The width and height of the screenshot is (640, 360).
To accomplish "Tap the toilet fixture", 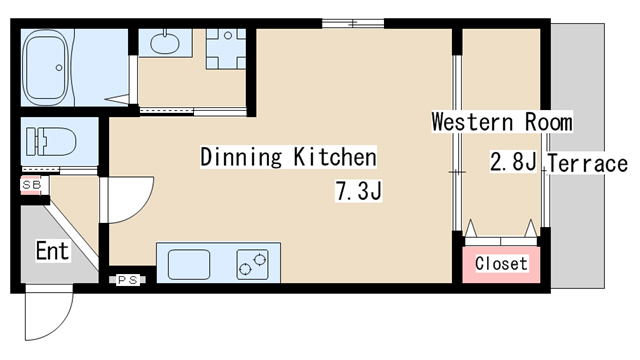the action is pos(51,141).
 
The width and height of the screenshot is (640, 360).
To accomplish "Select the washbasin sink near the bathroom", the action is pos(164,43).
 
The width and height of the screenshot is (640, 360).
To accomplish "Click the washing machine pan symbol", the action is pos(226,48).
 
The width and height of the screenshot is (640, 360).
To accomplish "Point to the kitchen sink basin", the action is pos(189,264).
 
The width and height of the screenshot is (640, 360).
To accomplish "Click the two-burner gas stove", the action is pos(253,265).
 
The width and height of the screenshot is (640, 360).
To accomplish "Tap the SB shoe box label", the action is pos(31,185).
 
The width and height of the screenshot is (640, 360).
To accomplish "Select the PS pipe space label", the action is pos(127,280).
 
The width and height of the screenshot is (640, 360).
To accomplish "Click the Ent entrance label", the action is pos(52,251).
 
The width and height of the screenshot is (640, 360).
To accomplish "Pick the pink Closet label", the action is pos(501,264).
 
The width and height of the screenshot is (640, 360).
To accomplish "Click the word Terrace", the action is pos(587,164).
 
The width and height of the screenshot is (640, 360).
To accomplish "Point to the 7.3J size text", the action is pos(359,191).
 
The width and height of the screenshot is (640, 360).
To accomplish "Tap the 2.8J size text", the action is pos(513,162).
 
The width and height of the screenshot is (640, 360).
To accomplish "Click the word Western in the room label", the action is pos(472,122).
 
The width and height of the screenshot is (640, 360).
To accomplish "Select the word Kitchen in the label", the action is pos(335,157).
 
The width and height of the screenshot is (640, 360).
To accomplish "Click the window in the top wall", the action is pos(353,23).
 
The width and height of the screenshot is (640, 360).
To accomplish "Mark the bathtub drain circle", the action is pos(59,68).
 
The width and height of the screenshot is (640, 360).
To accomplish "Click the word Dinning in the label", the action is pos(241,157).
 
